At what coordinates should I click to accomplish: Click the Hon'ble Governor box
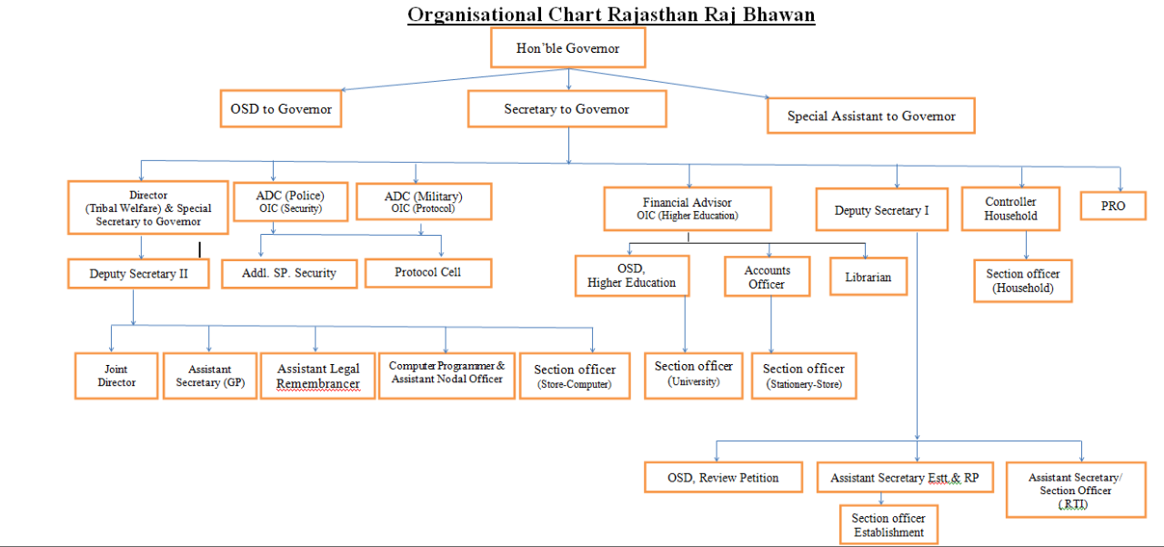pos(567,48)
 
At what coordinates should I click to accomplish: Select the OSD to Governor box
pos(280,109)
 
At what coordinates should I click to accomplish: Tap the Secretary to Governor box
pos(567,109)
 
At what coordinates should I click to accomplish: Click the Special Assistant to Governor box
pos(870,116)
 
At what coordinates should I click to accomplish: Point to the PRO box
pos(1112,206)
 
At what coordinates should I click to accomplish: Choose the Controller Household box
pos(1010,209)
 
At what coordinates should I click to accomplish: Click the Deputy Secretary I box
pos(881,210)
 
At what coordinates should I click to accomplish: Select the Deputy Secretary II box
pos(138,273)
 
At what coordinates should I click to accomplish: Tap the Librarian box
pos(868,277)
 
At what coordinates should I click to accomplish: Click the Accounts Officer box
pos(767,277)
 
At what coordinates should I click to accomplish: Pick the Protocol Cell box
pos(427,273)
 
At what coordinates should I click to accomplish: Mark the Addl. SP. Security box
pos(288,273)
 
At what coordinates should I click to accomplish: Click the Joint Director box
pos(116,376)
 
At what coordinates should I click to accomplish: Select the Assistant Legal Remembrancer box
pos(317,376)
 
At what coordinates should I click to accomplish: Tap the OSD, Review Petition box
pos(724,478)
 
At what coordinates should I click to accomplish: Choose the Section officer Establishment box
pos(888,525)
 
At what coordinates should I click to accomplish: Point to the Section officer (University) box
pos(693,374)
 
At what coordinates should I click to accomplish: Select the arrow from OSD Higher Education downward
pos(685,323)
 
